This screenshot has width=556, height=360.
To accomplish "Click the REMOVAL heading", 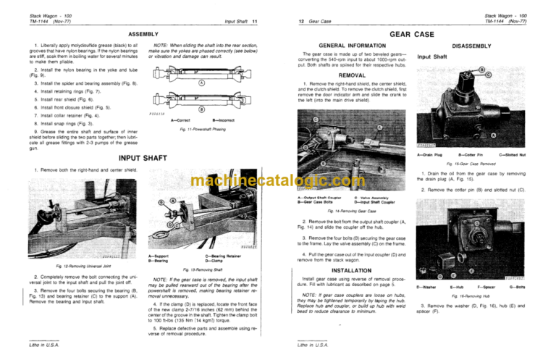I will tap(352, 74).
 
